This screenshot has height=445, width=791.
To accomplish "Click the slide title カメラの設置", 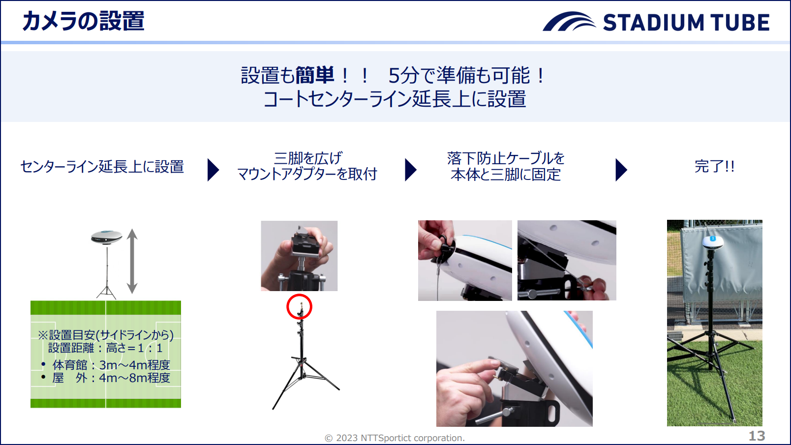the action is pyautogui.click(x=83, y=21).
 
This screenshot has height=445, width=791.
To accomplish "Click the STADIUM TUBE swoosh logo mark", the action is pyautogui.click(x=569, y=22).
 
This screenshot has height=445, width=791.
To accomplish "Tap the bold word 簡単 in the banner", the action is pyautogui.click(x=314, y=75).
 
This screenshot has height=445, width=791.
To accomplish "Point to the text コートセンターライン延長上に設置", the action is pyautogui.click(x=395, y=99).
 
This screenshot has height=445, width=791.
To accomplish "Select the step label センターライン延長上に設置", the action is pyautogui.click(x=102, y=167).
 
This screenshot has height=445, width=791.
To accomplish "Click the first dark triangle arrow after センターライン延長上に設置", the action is pyautogui.click(x=213, y=170).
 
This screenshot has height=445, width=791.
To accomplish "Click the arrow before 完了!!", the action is pyautogui.click(x=621, y=170).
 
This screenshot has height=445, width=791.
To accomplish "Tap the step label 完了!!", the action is pyautogui.click(x=714, y=167).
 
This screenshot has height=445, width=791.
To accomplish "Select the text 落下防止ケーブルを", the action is pyautogui.click(x=506, y=158).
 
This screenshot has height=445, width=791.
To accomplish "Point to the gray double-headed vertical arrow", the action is pyautogui.click(x=132, y=261).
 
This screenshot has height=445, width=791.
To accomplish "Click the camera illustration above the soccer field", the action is pyautogui.click(x=107, y=237).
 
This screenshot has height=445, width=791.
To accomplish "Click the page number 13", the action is pyautogui.click(x=757, y=436).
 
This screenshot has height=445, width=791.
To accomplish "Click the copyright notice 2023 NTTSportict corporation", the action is pyautogui.click(x=395, y=438).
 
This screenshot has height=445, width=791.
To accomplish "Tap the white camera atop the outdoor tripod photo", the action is pyautogui.click(x=713, y=242).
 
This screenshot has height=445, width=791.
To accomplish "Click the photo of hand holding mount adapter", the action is pyautogui.click(x=299, y=256).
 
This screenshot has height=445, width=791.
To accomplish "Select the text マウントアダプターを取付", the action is pyautogui.click(x=307, y=175).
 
